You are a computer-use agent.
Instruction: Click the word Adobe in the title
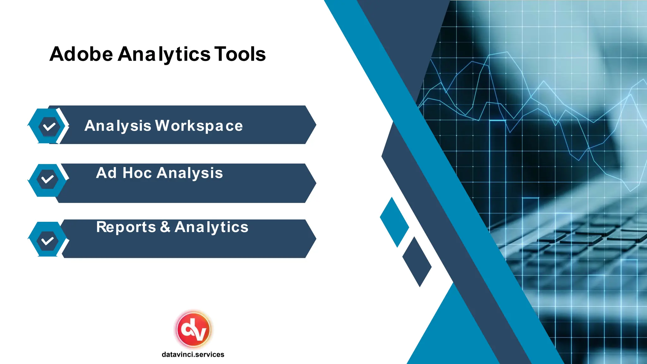pyautogui.click(x=81, y=54)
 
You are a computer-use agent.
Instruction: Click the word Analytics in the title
pyautogui.click(x=164, y=54)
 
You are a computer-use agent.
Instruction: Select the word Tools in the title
pyautogui.click(x=240, y=54)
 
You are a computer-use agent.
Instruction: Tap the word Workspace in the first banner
pyautogui.click(x=199, y=126)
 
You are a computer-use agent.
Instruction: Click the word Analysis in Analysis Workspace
pyautogui.click(x=118, y=126)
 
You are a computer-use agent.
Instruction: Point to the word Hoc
pyautogui.click(x=137, y=173)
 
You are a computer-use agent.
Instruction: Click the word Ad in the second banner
pyautogui.click(x=106, y=173)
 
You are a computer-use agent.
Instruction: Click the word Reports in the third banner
pyautogui.click(x=126, y=227)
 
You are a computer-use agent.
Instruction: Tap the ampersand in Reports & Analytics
pyautogui.click(x=165, y=227)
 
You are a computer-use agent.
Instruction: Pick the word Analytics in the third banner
pyautogui.click(x=211, y=227)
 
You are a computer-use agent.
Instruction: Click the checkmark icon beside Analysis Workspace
pyautogui.click(x=49, y=126)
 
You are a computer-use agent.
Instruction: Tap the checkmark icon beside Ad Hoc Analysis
pyautogui.click(x=47, y=179)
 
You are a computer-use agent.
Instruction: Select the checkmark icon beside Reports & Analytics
pyautogui.click(x=47, y=241)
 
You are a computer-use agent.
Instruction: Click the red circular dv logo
pyautogui.click(x=193, y=329)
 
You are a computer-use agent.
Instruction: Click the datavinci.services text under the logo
pyautogui.click(x=193, y=355)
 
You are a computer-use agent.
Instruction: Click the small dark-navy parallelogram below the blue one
pyautogui.click(x=417, y=262)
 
